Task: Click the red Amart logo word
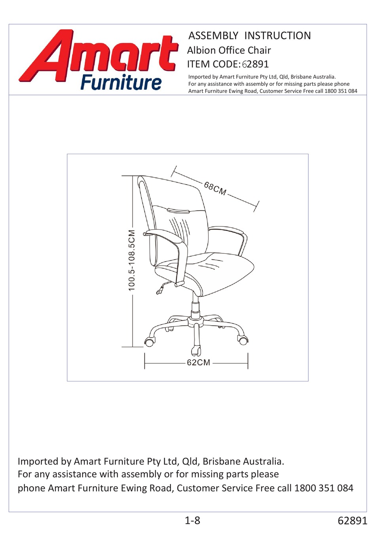[x=99, y=53]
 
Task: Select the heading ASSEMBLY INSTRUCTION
[x=249, y=36]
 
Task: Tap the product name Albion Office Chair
[x=229, y=50]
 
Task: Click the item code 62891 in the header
[x=255, y=64]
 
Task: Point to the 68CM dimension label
[x=215, y=189]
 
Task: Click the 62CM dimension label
[x=198, y=362]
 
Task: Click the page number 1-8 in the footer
[x=192, y=521]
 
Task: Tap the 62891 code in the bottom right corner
[x=352, y=521]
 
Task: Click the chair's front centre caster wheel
[x=196, y=350]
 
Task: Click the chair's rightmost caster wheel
[x=243, y=340]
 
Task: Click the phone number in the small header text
[x=341, y=91]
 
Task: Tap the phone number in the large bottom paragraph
[x=323, y=488]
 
